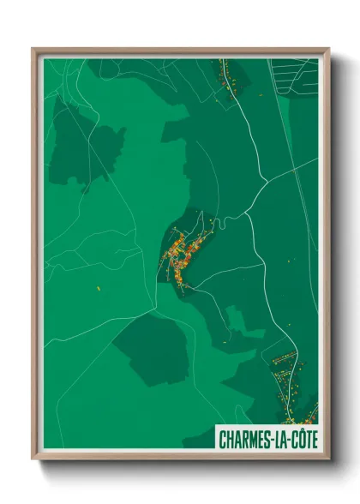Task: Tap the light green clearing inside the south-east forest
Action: [245, 321]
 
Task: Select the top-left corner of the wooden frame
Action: [33, 50]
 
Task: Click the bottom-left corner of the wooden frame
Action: [33, 459]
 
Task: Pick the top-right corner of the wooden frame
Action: [327, 50]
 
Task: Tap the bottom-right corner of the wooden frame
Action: [327, 459]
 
